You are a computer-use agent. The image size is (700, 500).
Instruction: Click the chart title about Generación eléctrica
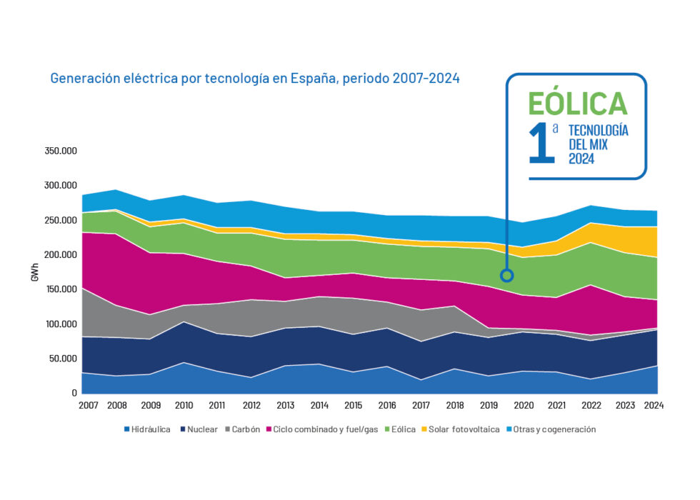coord(254,79)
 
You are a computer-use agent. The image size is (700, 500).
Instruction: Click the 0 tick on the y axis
coord(74,393)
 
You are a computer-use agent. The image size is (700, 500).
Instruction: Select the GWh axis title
coord(35,272)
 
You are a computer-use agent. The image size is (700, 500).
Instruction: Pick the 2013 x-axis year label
coord(285,405)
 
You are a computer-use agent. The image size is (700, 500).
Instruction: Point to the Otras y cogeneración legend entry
coord(554,429)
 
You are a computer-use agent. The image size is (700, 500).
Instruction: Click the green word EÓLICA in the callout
coord(577,104)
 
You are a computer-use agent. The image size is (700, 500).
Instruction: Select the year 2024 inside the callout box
coord(581,159)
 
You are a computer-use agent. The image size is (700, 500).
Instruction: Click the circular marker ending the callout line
coord(506,276)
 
